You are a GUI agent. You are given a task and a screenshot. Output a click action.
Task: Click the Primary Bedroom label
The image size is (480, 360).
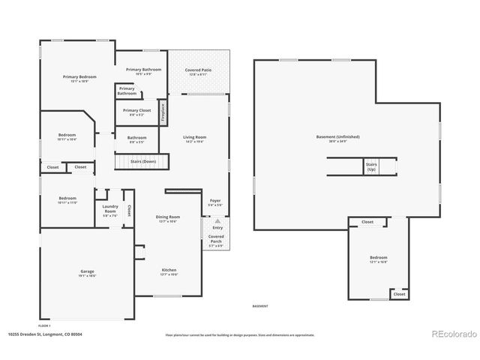79,76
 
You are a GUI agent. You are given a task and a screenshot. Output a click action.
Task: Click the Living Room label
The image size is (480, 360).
194,137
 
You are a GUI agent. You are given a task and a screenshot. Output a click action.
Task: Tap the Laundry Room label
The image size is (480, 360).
109,212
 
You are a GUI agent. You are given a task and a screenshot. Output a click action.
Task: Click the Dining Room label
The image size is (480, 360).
167,217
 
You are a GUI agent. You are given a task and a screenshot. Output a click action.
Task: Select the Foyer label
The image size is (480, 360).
214,202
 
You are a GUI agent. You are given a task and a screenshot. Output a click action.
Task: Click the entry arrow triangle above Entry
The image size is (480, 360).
217,223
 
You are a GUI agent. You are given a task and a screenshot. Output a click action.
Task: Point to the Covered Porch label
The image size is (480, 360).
215,239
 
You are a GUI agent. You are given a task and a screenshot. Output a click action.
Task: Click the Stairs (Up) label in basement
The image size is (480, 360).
370,166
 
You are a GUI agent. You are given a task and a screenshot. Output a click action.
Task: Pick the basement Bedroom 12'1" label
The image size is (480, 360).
377,259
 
